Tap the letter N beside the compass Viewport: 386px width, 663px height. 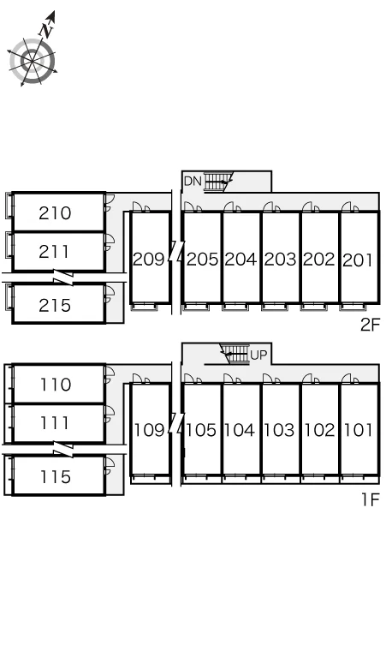pos(46,30)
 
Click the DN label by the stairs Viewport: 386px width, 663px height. pos(193,182)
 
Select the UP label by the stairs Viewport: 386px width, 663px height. pos(258,355)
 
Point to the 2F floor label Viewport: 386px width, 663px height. pos(371,325)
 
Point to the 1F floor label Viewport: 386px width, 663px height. pos(371,499)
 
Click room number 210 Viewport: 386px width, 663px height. pos(55,213)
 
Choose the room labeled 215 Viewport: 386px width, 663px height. pos(55,305)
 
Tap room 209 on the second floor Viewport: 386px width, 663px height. pos(149,259)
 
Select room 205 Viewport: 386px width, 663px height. pos(202,259)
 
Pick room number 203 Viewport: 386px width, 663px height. pos(280,259)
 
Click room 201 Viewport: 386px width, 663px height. pos(358,260)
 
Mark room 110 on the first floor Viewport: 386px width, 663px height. pos(56,385)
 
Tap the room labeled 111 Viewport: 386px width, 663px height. pos(55,423)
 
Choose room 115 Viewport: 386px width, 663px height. pos(56,477)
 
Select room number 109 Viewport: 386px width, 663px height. pos(149,430)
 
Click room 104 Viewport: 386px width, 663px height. pos(240,430)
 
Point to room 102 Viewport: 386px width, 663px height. pos(319,430)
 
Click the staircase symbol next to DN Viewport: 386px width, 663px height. pos(218,182)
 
